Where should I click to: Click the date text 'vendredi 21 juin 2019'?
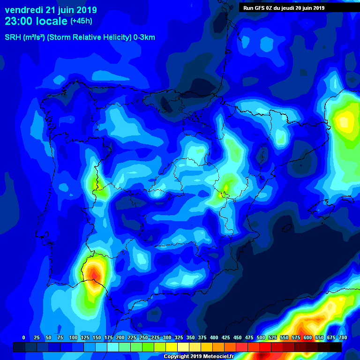coord(51,10)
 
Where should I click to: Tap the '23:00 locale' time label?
coord(36,21)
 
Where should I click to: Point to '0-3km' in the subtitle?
coord(144,37)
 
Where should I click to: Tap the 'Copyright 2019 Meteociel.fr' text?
coord(198,357)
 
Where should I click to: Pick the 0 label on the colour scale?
coord(23,337)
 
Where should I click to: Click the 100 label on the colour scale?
coord(73,337)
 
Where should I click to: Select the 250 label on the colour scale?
coord(143,337)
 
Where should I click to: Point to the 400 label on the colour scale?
coord(214,337)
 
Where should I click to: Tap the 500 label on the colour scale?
coord(261,337)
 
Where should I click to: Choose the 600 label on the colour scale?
coord(307,337)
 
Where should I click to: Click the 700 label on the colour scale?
coord(343,337)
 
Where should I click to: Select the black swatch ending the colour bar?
coord(336,347)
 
